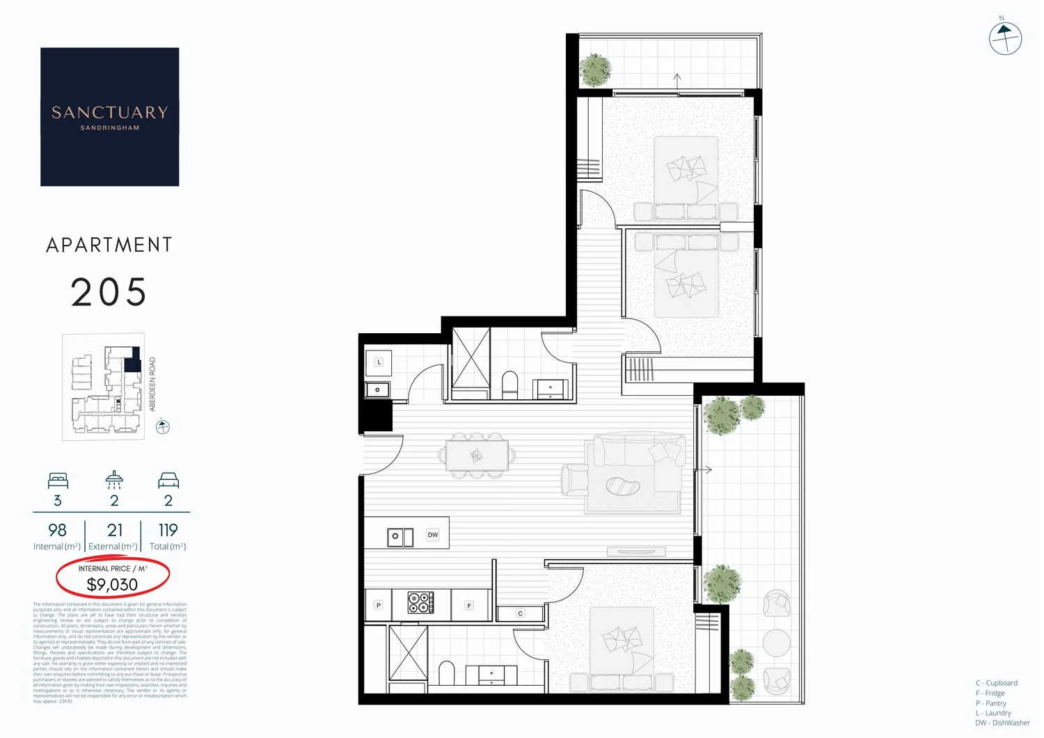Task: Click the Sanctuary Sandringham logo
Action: click(109, 117)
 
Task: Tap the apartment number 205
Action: click(109, 292)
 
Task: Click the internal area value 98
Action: click(57, 530)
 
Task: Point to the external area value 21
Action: click(115, 530)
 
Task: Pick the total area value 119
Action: click(168, 530)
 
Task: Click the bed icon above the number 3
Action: click(58, 480)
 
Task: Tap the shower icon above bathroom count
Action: click(114, 479)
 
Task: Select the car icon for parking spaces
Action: click(168, 480)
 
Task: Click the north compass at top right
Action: click(1005, 38)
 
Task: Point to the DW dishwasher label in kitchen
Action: click(433, 535)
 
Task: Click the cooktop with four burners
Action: click(420, 602)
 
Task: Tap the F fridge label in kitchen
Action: click(469, 606)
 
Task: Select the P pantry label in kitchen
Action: click(379, 605)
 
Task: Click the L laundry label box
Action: click(379, 362)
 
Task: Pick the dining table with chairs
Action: click(477, 456)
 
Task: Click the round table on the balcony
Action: click(776, 643)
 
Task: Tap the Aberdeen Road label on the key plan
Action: click(152, 384)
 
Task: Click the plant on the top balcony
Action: click(595, 70)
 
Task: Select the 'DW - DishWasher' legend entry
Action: click(1002, 723)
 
